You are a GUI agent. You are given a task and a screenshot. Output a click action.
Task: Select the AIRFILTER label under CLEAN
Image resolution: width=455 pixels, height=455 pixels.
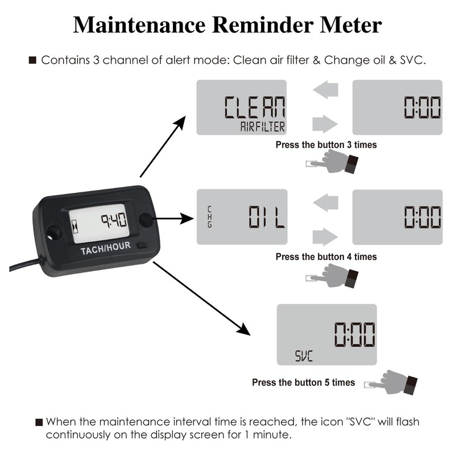pos(262,127)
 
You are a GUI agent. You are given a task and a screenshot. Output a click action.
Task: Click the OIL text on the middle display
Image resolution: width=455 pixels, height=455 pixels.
pos(267,217)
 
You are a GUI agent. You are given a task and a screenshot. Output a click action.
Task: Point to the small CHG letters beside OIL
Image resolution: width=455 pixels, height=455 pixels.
pos(209,217)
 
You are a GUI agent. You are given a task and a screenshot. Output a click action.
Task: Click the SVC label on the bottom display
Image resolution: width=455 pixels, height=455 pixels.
pos(304,357)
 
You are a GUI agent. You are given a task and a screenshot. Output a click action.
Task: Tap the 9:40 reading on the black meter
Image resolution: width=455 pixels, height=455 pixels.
pos(113,220)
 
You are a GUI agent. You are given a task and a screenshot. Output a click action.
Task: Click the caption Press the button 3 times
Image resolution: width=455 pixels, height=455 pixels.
pos(326,145)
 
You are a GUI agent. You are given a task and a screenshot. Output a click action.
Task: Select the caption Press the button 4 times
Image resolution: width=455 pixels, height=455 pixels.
pos(326,257)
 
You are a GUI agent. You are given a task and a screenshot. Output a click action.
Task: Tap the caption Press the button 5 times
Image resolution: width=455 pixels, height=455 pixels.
pos(303,382)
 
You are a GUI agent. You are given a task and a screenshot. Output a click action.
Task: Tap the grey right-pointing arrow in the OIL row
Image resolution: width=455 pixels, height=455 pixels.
pos(325,235)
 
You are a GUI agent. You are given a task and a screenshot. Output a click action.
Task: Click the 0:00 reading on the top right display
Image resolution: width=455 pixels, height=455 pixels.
pos(422,107)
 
